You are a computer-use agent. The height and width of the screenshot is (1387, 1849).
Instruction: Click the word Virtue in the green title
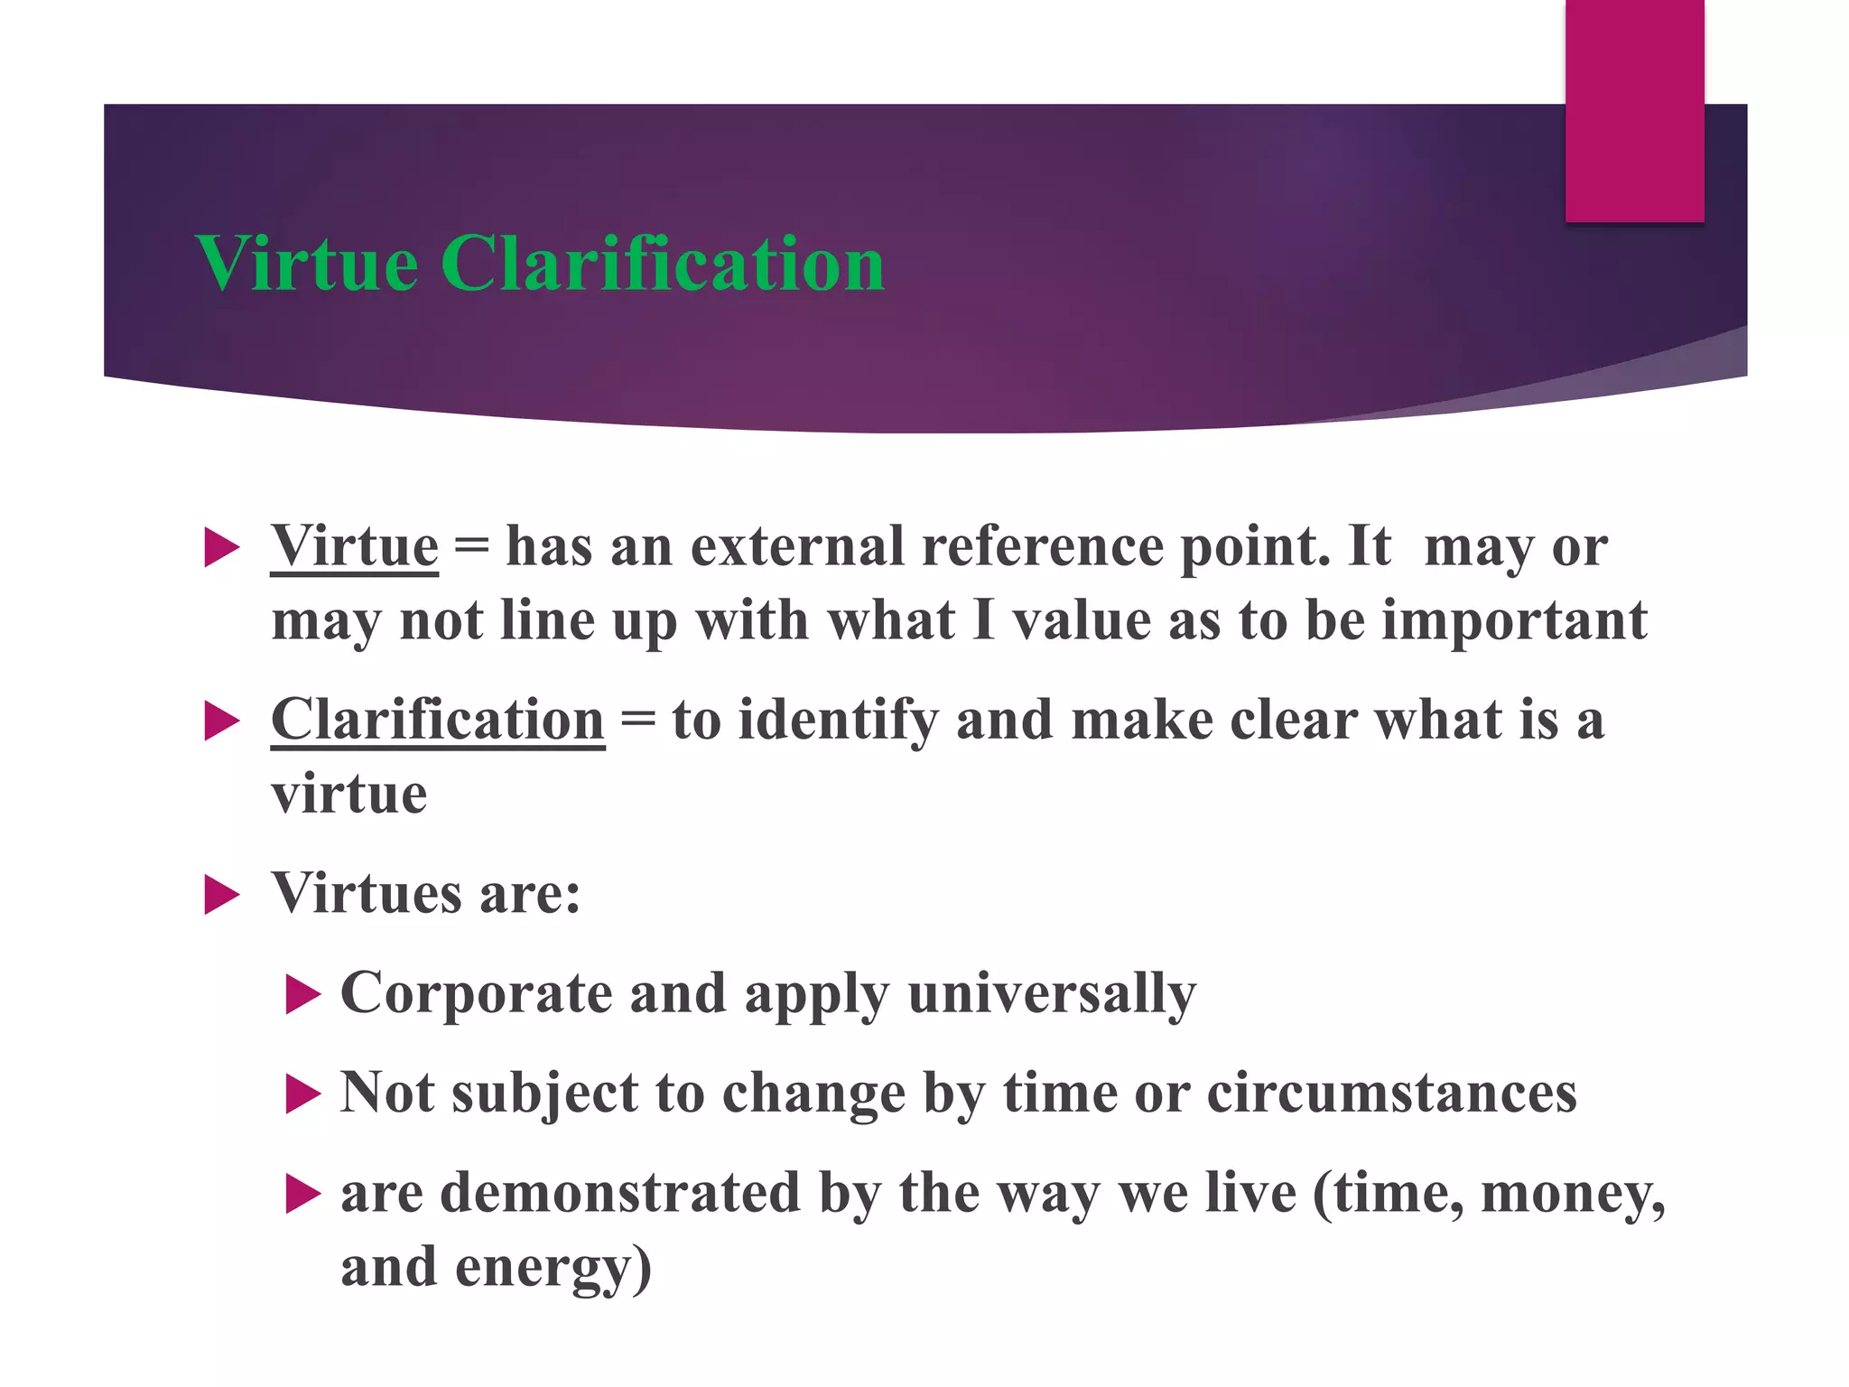pos(307,264)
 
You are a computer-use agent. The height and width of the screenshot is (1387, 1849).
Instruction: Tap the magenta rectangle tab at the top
pos(1634,110)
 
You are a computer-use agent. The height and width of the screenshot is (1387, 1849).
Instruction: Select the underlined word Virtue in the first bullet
pos(355,546)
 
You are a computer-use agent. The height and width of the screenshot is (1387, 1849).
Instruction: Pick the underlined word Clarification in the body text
pos(438,721)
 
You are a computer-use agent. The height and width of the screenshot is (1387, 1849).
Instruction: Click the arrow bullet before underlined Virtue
pos(221,548)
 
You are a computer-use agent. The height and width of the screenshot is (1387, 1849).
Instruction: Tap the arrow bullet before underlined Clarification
pos(221,722)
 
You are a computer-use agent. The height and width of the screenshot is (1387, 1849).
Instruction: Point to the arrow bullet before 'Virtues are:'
pos(221,895)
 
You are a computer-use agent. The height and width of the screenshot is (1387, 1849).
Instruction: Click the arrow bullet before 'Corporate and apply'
pos(302,995)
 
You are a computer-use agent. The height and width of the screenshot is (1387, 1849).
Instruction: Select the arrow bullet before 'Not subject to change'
pos(302,1094)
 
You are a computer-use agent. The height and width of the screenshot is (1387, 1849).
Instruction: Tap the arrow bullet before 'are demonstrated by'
pos(302,1195)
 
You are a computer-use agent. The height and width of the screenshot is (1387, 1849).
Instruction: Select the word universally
pos(1052,993)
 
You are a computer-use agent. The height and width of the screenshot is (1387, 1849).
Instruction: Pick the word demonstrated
pos(620,1192)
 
